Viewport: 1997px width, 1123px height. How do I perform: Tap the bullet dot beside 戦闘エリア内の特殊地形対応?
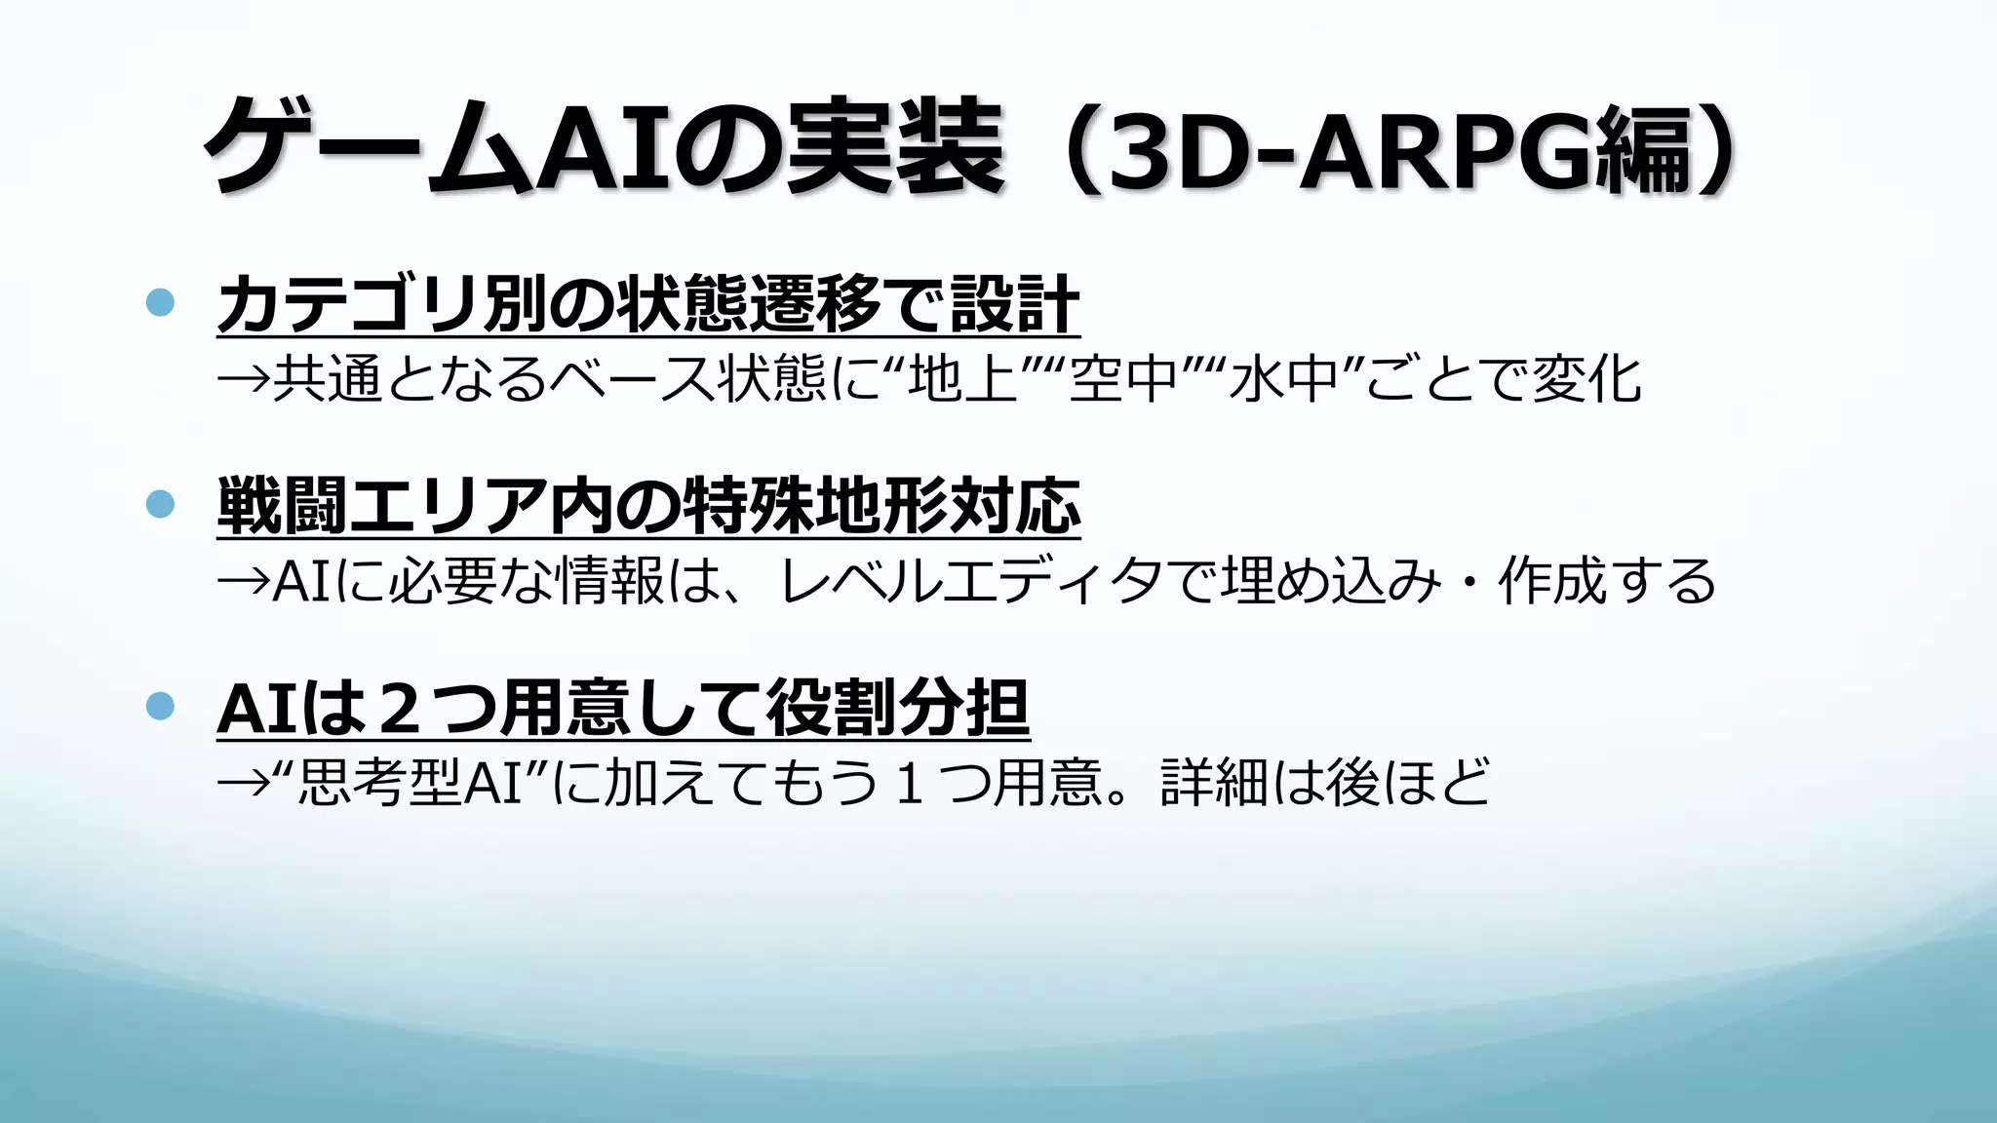tap(160, 504)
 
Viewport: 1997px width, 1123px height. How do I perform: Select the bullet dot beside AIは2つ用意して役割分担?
tap(160, 705)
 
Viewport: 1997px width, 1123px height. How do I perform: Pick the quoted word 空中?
tap(1123, 379)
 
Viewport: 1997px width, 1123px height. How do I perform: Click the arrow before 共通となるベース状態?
tap(243, 379)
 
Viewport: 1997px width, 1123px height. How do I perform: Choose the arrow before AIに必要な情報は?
tap(243, 581)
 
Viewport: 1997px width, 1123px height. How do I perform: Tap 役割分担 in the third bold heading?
tap(897, 709)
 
